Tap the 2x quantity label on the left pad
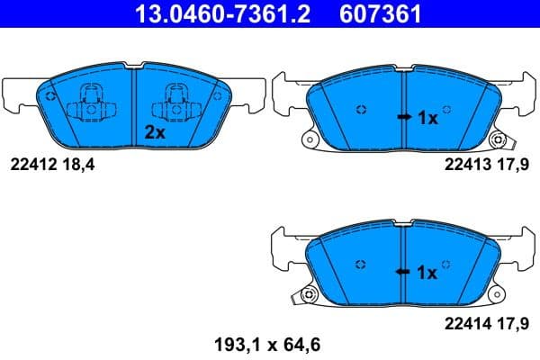[x=155, y=131]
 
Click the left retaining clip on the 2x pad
[x=91, y=103]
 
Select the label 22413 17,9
[x=488, y=165]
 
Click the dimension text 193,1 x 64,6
[x=266, y=343]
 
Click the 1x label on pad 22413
[x=428, y=117]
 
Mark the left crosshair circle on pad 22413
[x=361, y=111]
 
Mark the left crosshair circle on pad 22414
[x=361, y=264]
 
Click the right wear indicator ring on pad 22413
[x=497, y=139]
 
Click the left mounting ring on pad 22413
[x=309, y=139]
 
